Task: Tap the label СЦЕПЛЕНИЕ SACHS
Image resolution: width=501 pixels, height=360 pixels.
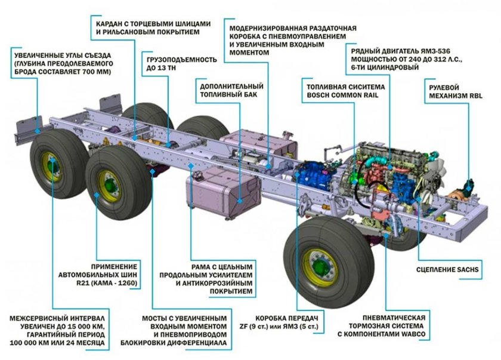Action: coord(447,269)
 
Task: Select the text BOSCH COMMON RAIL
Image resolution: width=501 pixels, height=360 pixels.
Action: coord(342,96)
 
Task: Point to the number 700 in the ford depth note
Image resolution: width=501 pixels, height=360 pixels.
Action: coord(89,72)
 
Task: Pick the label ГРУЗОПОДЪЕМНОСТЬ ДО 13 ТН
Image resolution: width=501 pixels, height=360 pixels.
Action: coord(181,64)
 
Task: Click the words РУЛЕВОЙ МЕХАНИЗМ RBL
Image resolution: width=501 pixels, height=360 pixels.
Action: coord(455,91)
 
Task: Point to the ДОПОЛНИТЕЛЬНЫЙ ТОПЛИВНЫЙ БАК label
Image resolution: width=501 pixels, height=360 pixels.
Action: coord(231,90)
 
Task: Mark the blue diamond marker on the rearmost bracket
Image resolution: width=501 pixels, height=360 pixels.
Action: coord(38,131)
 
